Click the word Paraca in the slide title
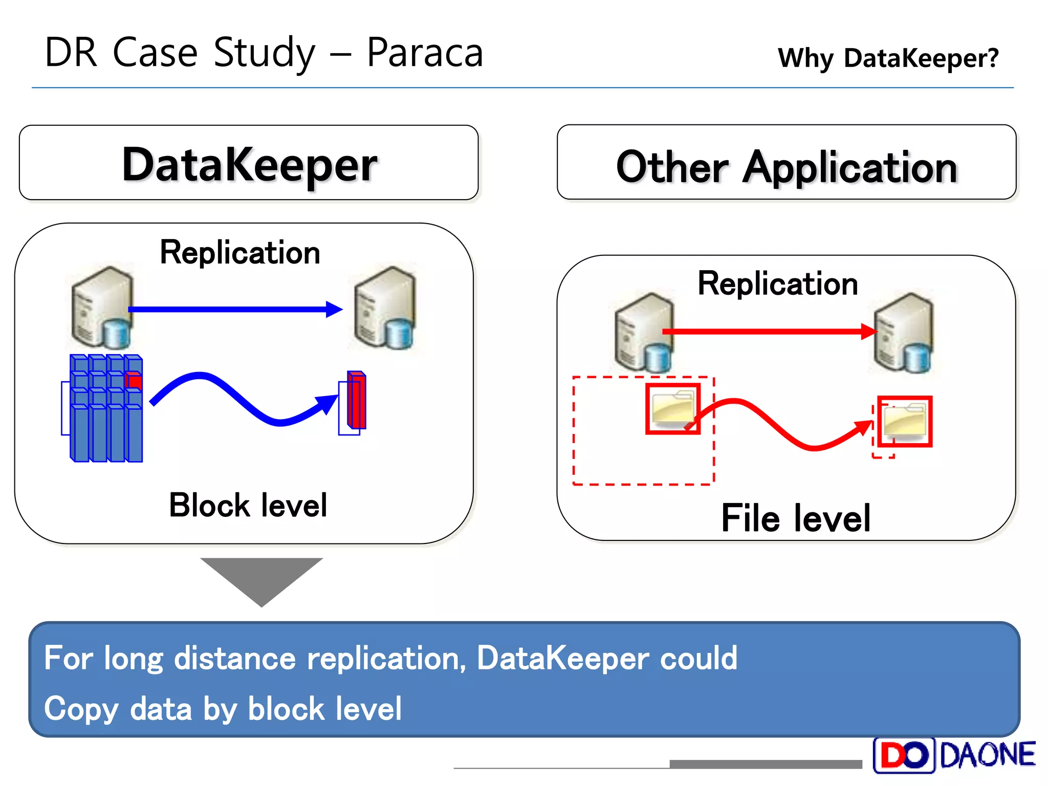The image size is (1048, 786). [x=425, y=53]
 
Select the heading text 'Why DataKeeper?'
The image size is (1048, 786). [x=888, y=58]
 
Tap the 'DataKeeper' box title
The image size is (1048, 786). [x=249, y=164]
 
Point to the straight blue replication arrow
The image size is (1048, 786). [x=230, y=309]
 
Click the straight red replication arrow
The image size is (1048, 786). [x=768, y=332]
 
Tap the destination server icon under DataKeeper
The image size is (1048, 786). [x=385, y=308]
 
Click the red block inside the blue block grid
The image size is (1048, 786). [x=134, y=381]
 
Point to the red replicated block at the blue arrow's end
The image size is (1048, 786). [x=357, y=400]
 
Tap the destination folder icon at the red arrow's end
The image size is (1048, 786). [x=905, y=421]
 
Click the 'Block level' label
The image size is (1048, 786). [x=248, y=506]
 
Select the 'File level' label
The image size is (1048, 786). [x=796, y=518]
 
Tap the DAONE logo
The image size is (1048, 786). [x=954, y=755]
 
